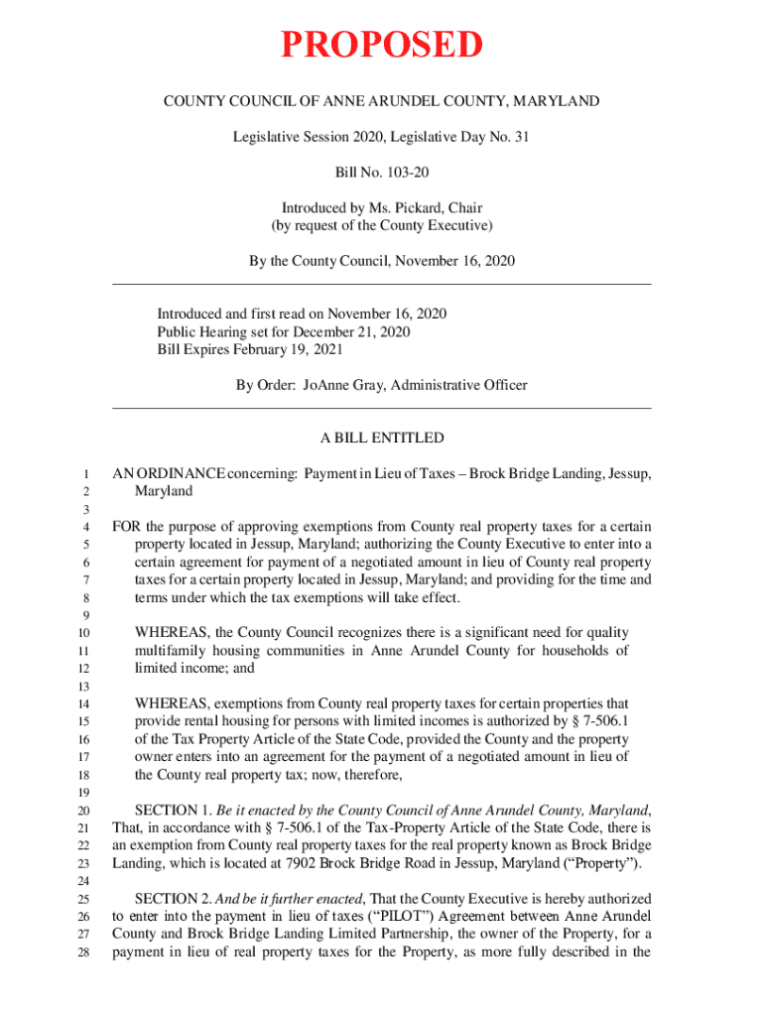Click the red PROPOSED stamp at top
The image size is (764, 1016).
[x=382, y=46]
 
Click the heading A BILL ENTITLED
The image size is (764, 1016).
[x=381, y=438]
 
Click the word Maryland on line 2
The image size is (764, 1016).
[x=164, y=491]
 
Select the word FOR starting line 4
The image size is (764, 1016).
[x=126, y=527]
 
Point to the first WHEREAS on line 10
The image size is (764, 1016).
[x=171, y=633]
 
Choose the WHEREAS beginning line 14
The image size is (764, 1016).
[x=171, y=703]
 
